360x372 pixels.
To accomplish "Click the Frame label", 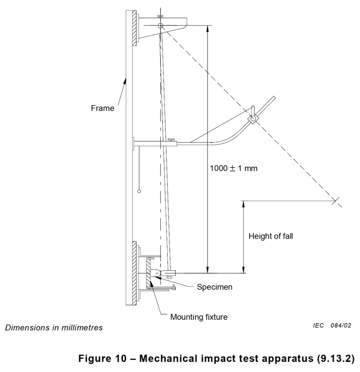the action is click(102, 108).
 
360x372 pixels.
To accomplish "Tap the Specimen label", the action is click(215, 287).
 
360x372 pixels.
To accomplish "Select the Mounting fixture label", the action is click(199, 317).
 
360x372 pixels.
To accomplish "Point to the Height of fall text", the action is click(271, 236).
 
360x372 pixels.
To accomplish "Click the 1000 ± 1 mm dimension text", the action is click(234, 168).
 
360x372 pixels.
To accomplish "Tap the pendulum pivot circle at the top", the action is click(161, 26).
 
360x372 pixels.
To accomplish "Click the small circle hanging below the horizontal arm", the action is click(139, 191).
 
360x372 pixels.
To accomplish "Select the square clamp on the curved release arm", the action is click(253, 118).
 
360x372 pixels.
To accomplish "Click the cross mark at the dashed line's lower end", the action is click(335, 201).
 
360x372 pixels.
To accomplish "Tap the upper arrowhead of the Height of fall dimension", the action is click(243, 205).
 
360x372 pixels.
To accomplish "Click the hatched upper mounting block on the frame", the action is click(134, 28).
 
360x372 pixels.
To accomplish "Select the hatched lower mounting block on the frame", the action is click(134, 273).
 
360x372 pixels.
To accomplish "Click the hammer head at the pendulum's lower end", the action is click(168, 273).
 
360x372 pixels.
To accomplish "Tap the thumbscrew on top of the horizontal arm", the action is click(171, 140).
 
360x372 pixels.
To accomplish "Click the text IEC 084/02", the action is click(332, 325).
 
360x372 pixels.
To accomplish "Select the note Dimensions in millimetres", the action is click(54, 328).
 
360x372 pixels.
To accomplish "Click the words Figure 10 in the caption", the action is click(102, 358).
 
